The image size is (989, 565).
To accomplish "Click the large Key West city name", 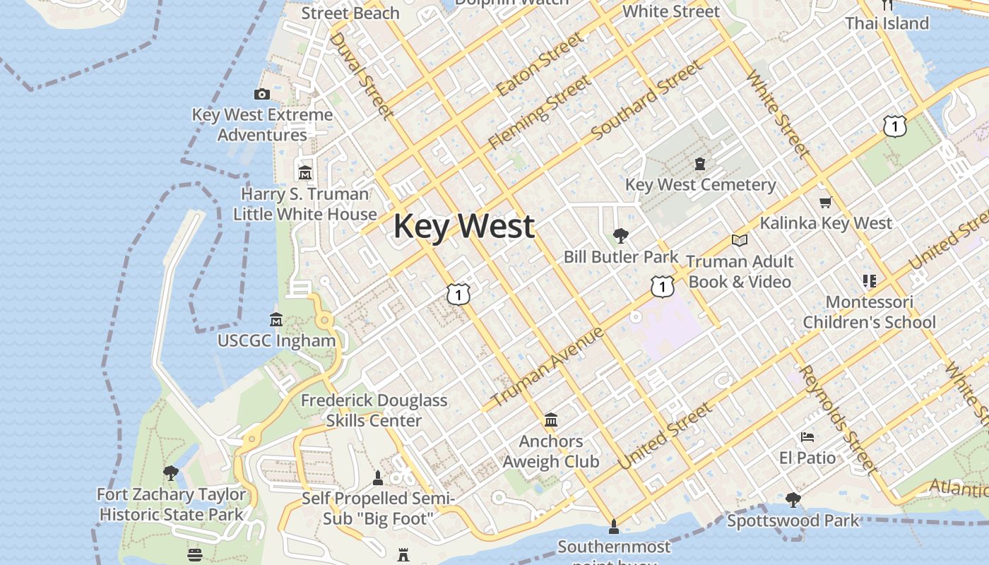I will coord(463,227).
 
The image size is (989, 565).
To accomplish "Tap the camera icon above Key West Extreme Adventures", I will coord(262,94).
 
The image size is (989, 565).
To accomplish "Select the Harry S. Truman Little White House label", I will coord(305,204).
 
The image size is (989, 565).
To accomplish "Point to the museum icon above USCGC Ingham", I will coord(276,320).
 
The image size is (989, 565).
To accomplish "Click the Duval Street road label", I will coord(360,74).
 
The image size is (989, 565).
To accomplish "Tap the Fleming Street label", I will coord(540,112).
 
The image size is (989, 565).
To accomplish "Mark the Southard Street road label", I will coord(647,100).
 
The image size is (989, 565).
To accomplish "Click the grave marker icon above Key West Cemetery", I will coord(700,164).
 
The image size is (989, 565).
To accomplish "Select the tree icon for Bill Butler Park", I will coord(621,236).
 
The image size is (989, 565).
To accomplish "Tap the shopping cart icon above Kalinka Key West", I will coord(826,203).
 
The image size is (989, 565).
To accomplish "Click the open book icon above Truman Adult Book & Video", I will coord(740,241).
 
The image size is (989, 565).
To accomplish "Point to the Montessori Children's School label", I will coord(869,312).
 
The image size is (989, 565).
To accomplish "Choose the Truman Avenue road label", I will coord(547,367).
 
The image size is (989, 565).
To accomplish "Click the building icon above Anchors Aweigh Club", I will coord(551,421).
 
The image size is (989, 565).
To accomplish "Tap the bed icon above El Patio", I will coord(807,437).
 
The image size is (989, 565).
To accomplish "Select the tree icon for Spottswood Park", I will coord(793,500).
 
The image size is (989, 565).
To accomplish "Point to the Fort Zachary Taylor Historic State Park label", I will coord(172,504).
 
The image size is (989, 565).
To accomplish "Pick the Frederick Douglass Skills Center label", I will coord(374,410).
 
